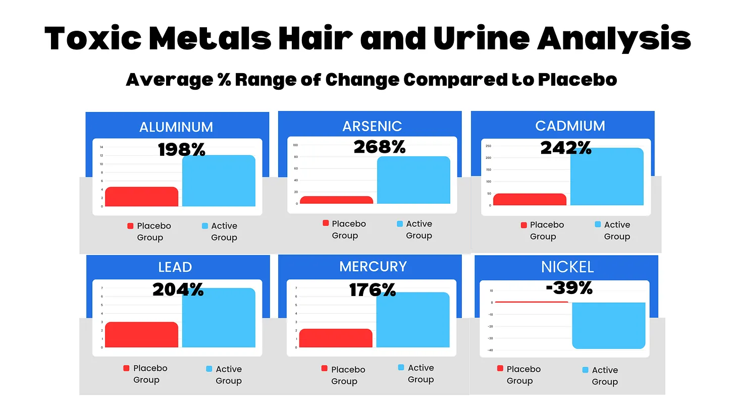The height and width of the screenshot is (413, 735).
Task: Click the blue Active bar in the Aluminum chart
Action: click(x=219, y=181)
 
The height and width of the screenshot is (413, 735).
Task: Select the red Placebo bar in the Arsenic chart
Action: click(x=336, y=200)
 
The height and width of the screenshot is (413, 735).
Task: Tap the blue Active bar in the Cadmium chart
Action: click(x=607, y=176)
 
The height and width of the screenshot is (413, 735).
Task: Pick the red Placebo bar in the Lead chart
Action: click(x=141, y=335)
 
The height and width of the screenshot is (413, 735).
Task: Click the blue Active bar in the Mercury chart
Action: click(x=412, y=320)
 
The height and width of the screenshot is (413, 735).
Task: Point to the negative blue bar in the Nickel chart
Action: click(x=608, y=325)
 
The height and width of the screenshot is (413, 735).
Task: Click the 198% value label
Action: click(x=182, y=149)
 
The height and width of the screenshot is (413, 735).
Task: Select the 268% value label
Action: click(x=379, y=147)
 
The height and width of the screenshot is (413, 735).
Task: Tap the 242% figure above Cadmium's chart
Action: click(x=566, y=148)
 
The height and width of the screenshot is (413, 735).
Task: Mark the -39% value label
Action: click(x=569, y=287)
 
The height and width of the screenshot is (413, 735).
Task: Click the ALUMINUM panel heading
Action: click(x=176, y=127)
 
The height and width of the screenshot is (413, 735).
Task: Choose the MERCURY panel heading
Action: click(x=373, y=266)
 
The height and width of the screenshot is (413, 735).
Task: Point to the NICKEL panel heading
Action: click(x=567, y=267)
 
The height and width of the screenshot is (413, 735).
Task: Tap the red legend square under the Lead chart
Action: click(x=127, y=369)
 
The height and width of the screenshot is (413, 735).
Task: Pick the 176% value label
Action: click(x=373, y=289)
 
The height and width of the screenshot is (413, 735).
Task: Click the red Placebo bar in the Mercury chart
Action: click(x=336, y=338)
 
